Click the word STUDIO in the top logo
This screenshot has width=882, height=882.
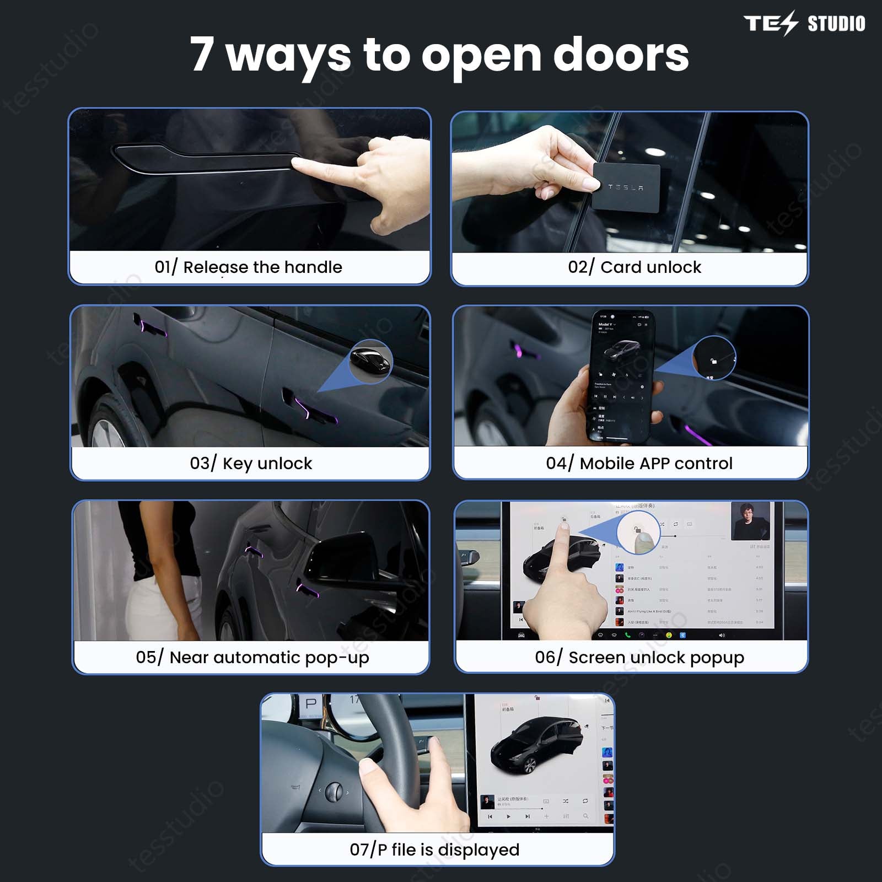[836, 24]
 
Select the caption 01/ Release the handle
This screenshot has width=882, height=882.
[249, 267]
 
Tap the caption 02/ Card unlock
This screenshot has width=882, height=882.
[634, 267]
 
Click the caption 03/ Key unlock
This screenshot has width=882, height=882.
[251, 464]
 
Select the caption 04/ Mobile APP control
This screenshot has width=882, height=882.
[639, 464]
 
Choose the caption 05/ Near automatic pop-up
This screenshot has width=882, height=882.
[252, 658]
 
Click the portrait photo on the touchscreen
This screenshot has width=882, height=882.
[750, 520]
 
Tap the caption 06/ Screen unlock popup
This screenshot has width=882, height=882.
[639, 658]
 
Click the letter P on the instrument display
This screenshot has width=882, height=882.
[311, 704]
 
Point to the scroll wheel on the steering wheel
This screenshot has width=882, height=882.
[334, 792]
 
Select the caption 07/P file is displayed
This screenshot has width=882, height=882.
[434, 849]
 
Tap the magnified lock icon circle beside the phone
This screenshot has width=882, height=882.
[714, 359]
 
